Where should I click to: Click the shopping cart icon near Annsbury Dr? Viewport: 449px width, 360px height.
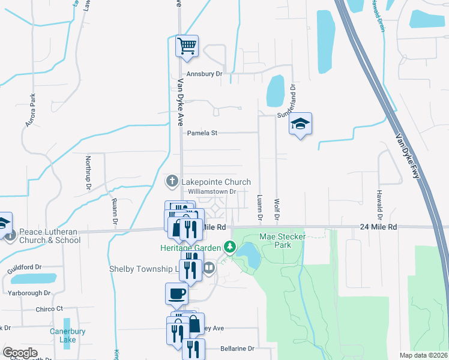[x=187, y=46]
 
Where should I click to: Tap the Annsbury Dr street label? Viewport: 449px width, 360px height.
[x=204, y=74]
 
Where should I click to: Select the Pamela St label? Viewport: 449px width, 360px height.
[x=202, y=133]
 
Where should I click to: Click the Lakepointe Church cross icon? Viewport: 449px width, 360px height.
[x=172, y=181]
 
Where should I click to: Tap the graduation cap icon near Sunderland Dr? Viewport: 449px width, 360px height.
[x=300, y=124]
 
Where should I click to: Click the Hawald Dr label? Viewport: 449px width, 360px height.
[x=379, y=203]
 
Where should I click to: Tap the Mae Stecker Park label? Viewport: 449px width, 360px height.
[x=283, y=241]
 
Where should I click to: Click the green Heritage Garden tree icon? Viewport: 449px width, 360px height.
[x=229, y=247]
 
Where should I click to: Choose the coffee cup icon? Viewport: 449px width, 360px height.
[x=176, y=293]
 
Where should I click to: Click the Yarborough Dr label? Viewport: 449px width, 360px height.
[x=29, y=293]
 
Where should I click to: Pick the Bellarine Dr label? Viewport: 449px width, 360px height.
[x=237, y=348]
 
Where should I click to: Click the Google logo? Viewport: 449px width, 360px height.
[x=20, y=353]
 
